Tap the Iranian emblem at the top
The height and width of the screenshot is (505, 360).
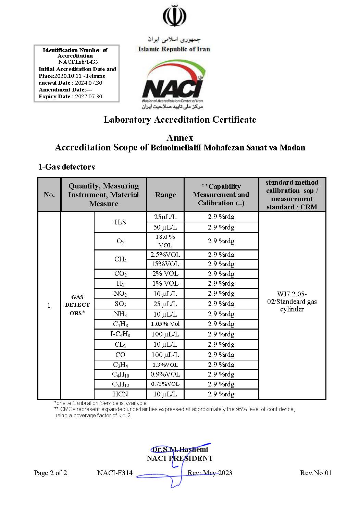pyautogui.click(x=174, y=16)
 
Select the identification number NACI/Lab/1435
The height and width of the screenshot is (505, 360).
pyautogui.click(x=78, y=62)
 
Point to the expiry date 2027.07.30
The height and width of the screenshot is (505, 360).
pyautogui.click(x=88, y=97)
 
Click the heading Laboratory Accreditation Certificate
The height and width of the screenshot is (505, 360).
pyautogui.click(x=180, y=120)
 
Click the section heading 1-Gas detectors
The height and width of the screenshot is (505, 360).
pyautogui.click(x=66, y=167)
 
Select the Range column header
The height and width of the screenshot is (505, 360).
pyautogui.click(x=165, y=195)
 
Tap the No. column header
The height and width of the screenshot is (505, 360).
pyautogui.click(x=49, y=195)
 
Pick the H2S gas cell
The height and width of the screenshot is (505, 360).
pyautogui.click(x=120, y=222)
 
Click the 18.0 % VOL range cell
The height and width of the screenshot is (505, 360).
pyautogui.click(x=165, y=241)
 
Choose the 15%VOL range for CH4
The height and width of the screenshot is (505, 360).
pyautogui.click(x=165, y=264)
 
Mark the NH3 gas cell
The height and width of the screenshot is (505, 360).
pyautogui.click(x=120, y=314)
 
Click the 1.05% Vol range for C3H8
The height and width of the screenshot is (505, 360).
pyautogui.click(x=165, y=324)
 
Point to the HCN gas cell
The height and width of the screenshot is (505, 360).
pyautogui.click(x=120, y=394)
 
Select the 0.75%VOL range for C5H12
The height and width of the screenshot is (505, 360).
pyautogui.click(x=165, y=384)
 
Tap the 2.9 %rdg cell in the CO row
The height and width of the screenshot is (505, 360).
pyautogui.click(x=221, y=355)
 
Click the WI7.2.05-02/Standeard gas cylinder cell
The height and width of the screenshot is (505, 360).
pyautogui.click(x=292, y=301)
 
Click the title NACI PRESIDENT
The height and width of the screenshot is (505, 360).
pyautogui.click(x=180, y=458)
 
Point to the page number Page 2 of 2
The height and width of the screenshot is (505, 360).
pyautogui.click(x=50, y=473)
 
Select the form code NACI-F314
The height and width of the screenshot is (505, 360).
pyautogui.click(x=115, y=473)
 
